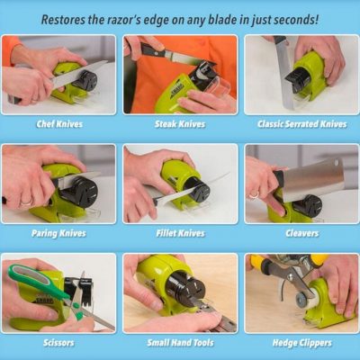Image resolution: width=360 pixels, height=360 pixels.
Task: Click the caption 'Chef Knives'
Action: [x=59, y=124]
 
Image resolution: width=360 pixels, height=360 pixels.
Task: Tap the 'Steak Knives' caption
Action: [x=180, y=124]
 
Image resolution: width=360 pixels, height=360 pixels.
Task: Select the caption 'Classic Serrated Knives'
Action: [x=302, y=124]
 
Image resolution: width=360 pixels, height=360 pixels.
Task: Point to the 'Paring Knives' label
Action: [x=58, y=233]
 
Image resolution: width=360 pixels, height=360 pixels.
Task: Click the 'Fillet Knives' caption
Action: [x=180, y=233]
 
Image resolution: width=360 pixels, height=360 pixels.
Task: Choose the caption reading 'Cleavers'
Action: [x=302, y=233]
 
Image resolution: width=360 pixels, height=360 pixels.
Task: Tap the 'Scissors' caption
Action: [x=58, y=342]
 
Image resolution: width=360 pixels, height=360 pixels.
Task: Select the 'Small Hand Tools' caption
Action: [x=180, y=342]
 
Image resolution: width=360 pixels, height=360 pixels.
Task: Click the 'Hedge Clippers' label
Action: [x=302, y=343]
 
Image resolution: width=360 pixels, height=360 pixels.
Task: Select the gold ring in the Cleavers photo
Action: [x=254, y=195]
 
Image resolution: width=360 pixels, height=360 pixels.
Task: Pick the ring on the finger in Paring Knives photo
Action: [x=26, y=201]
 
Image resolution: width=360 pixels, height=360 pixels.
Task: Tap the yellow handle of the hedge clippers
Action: [x=319, y=258]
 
